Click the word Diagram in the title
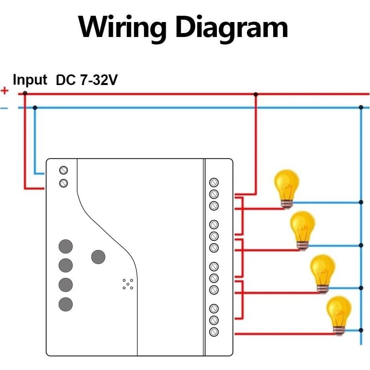(x=231, y=27)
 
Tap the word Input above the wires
(x=30, y=80)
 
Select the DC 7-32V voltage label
(x=87, y=80)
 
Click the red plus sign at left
(x=5, y=91)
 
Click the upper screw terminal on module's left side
(x=63, y=170)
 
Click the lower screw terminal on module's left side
(x=63, y=183)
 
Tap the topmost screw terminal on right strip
(x=214, y=183)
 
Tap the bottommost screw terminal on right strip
(x=214, y=332)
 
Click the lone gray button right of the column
(x=98, y=257)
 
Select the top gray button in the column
(x=66, y=246)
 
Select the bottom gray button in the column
(x=66, y=304)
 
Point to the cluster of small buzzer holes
(x=128, y=284)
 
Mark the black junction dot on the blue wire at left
(x=35, y=107)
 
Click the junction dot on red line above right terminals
(x=256, y=94)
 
